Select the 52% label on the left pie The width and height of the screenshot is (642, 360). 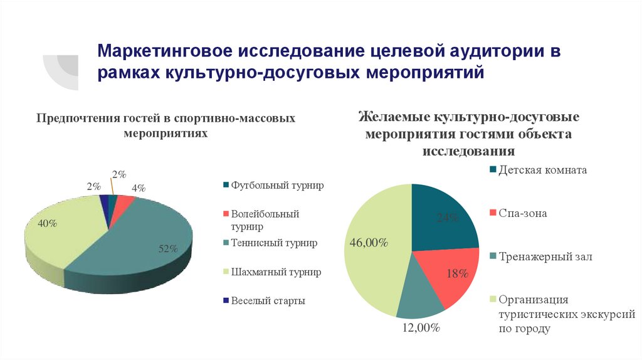[168, 249]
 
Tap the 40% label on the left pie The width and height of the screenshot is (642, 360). [48, 223]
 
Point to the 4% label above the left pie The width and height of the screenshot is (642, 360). [138, 188]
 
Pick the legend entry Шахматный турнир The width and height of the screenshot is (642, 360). [271, 272]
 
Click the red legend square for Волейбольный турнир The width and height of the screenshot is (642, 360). [226, 214]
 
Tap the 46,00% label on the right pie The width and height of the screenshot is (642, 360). [367, 243]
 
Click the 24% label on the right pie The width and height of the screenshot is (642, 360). [448, 218]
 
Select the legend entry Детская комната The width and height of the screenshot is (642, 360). [542, 170]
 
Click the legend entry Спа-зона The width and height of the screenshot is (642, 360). [522, 213]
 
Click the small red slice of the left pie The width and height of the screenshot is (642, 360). [125, 200]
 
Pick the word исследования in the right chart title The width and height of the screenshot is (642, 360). [468, 151]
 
